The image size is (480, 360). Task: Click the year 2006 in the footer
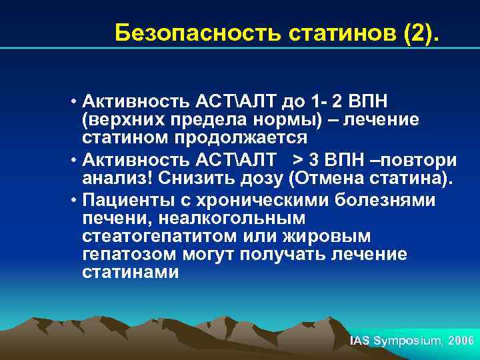pos(462,341)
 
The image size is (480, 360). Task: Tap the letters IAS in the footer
pos(360,341)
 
